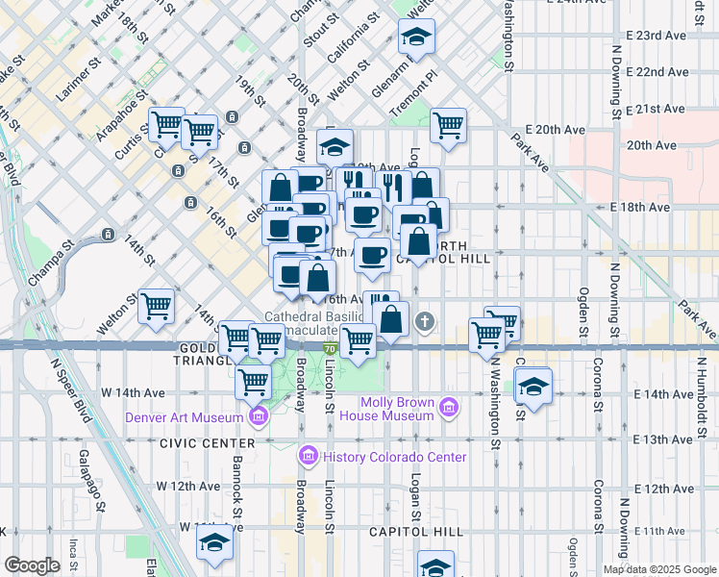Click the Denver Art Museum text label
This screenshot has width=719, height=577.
[183, 417]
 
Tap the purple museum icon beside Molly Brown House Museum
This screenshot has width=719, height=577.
[447, 410]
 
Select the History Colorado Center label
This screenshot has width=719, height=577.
[394, 457]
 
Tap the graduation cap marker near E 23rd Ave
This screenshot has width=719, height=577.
[416, 38]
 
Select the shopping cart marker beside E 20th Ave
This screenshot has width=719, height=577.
[448, 125]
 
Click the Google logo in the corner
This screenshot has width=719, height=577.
[32, 565]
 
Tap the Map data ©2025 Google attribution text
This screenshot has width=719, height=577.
[658, 569]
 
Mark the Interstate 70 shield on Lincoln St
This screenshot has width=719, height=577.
[329, 348]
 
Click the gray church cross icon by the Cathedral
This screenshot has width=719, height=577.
[425, 321]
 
